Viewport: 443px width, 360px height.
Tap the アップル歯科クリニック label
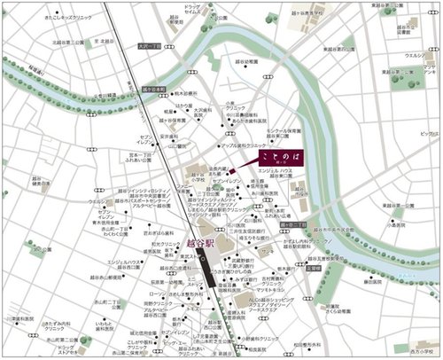tap(241, 143)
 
